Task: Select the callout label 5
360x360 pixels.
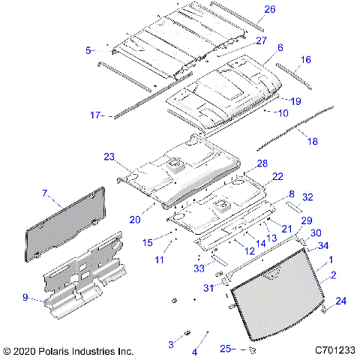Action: (x=88, y=50)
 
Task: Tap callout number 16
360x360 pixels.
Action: (x=305, y=59)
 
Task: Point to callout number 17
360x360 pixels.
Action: (x=95, y=115)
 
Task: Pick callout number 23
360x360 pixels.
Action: (x=109, y=157)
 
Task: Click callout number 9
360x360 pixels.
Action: (x=26, y=298)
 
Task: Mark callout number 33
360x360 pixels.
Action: (x=199, y=267)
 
